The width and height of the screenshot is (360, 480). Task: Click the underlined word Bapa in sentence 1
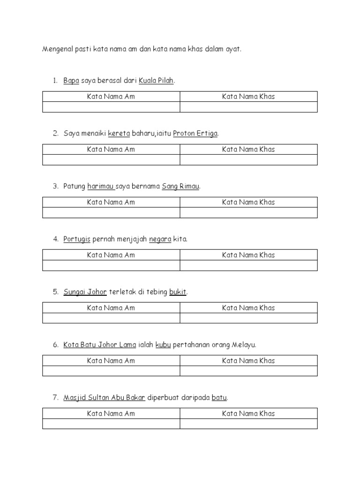71,81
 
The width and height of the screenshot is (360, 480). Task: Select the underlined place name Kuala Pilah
157,81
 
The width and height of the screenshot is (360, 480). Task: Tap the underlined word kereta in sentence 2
119,134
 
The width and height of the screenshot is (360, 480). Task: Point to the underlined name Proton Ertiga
195,134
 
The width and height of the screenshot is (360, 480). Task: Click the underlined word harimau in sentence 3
101,187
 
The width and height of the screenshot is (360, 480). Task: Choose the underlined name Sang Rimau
180,187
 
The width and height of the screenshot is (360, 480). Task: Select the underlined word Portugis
77,239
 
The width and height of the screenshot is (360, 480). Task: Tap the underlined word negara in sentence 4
160,240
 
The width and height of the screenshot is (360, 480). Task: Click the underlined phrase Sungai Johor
85,292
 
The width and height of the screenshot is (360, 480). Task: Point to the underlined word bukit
178,292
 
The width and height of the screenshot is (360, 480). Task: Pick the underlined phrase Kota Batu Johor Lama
100,345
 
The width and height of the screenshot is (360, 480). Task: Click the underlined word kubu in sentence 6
163,345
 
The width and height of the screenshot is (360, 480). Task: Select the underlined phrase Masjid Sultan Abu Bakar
105,397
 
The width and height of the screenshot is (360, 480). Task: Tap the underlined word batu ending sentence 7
219,397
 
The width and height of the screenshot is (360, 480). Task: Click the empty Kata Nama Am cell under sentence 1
111,107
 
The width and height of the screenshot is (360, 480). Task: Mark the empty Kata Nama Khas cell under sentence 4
248,266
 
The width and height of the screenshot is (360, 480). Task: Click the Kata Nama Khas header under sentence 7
248,413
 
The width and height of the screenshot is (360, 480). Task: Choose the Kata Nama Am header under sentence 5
111,308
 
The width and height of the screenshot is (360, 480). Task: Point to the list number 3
55,187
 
